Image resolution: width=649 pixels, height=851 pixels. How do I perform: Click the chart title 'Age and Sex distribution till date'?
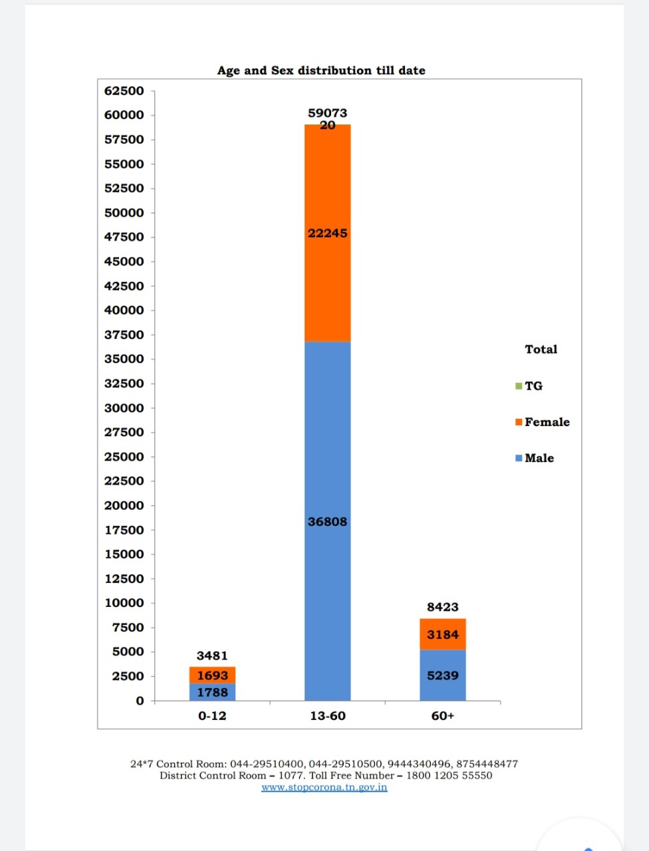click(x=321, y=70)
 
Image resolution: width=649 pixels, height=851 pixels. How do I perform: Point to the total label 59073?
click(x=327, y=113)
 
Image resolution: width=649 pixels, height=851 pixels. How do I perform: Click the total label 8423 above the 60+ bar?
click(x=443, y=607)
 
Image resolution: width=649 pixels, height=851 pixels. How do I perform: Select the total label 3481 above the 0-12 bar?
click(x=212, y=656)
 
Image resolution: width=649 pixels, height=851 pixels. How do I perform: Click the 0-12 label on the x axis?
click(x=212, y=716)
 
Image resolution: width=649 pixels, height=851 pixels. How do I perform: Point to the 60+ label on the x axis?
click(x=443, y=716)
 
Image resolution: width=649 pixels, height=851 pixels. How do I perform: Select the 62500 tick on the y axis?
click(x=124, y=90)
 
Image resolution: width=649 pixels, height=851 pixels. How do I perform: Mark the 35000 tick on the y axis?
click(x=124, y=359)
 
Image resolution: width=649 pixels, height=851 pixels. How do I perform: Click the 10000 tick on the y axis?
click(x=124, y=603)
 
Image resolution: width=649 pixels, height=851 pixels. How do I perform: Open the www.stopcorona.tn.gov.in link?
click(x=324, y=787)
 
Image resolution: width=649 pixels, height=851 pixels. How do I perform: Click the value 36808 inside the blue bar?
click(x=327, y=522)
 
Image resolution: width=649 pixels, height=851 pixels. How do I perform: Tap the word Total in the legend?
click(x=541, y=349)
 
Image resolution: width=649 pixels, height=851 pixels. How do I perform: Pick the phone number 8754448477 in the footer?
click(x=487, y=764)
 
